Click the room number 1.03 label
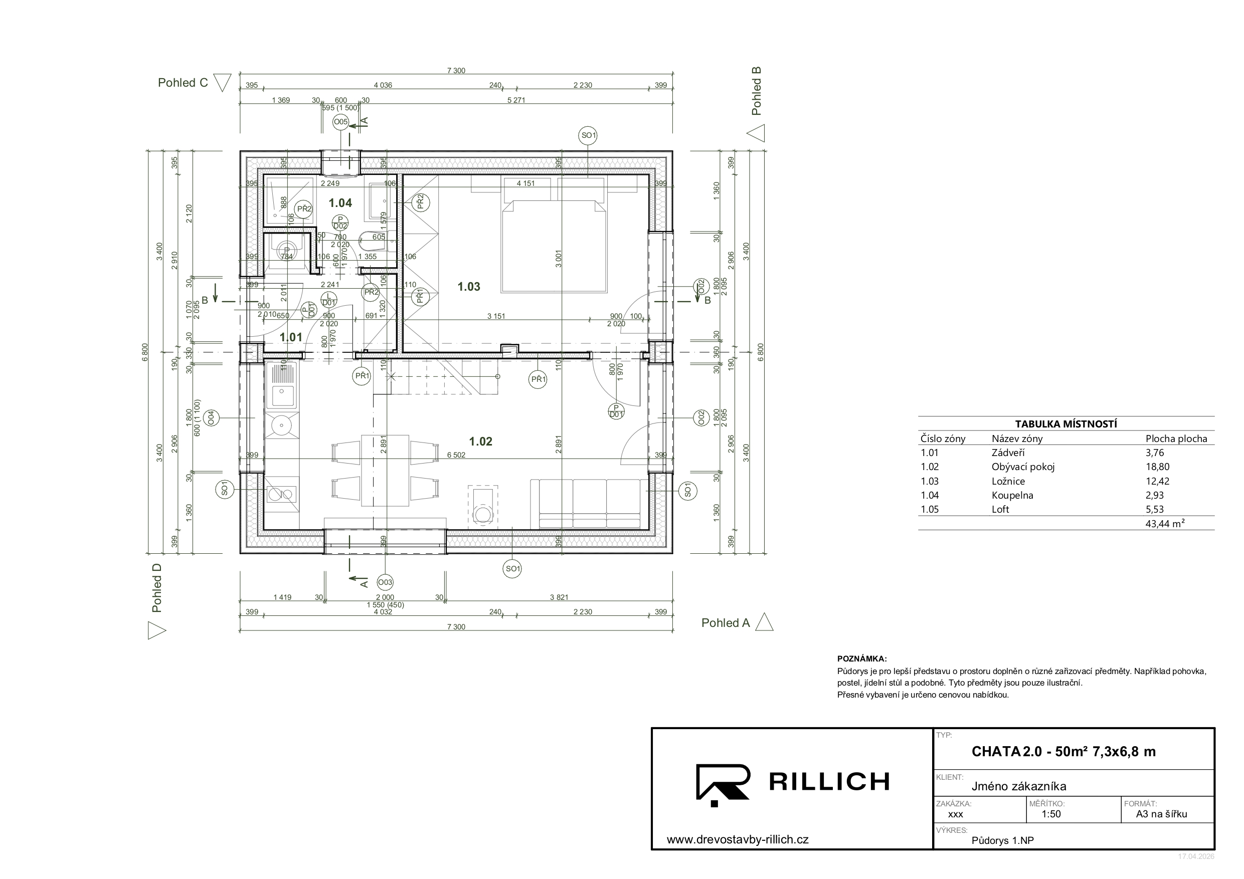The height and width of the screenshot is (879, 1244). pyautogui.click(x=469, y=287)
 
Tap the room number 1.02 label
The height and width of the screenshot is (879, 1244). pyautogui.click(x=480, y=442)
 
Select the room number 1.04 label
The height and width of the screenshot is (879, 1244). pyautogui.click(x=340, y=203)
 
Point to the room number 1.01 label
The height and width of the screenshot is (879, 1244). pyautogui.click(x=291, y=337)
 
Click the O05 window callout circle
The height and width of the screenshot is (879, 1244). pyautogui.click(x=340, y=122)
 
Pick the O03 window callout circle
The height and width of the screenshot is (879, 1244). pyautogui.click(x=385, y=583)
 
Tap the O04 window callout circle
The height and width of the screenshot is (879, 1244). pyautogui.click(x=211, y=417)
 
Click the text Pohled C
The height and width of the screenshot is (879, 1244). pyautogui.click(x=183, y=83)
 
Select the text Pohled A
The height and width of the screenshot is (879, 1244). pyautogui.click(x=726, y=623)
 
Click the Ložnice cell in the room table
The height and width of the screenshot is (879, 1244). pyautogui.click(x=1008, y=481)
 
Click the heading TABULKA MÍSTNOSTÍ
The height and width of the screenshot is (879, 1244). pyautogui.click(x=1065, y=424)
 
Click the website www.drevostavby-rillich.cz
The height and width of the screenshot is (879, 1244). pyautogui.click(x=738, y=840)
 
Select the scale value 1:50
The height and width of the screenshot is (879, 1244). pyautogui.click(x=1051, y=814)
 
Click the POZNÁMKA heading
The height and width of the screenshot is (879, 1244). pyautogui.click(x=861, y=659)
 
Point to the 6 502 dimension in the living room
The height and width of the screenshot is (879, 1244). pyautogui.click(x=456, y=456)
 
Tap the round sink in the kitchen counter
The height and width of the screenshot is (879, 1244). pyautogui.click(x=282, y=425)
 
